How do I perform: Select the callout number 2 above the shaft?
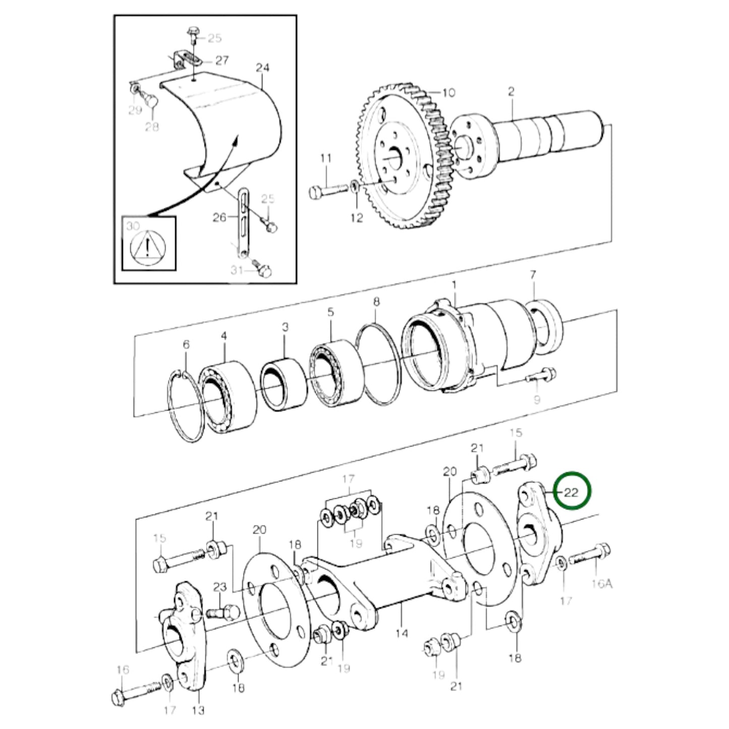pos(511,92)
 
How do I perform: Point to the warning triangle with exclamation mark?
pos(147,248)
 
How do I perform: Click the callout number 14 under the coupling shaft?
pos(402,633)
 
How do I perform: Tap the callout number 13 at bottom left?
pos(198,710)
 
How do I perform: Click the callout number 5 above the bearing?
pos(330,312)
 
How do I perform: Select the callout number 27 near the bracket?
pos(221,60)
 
